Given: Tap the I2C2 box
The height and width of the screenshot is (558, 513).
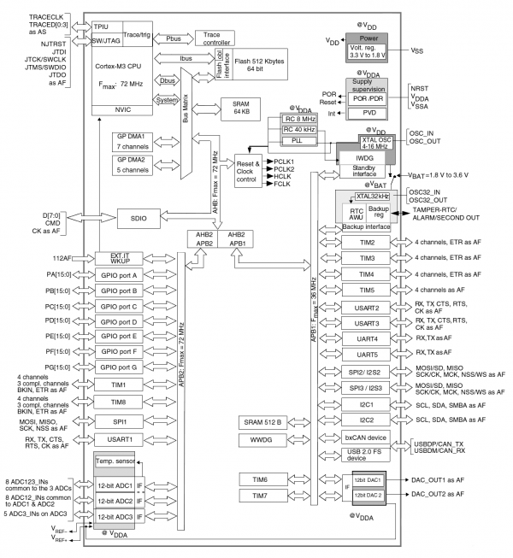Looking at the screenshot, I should pos(368,420).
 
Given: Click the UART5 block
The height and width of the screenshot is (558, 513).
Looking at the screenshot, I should pos(368,354).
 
